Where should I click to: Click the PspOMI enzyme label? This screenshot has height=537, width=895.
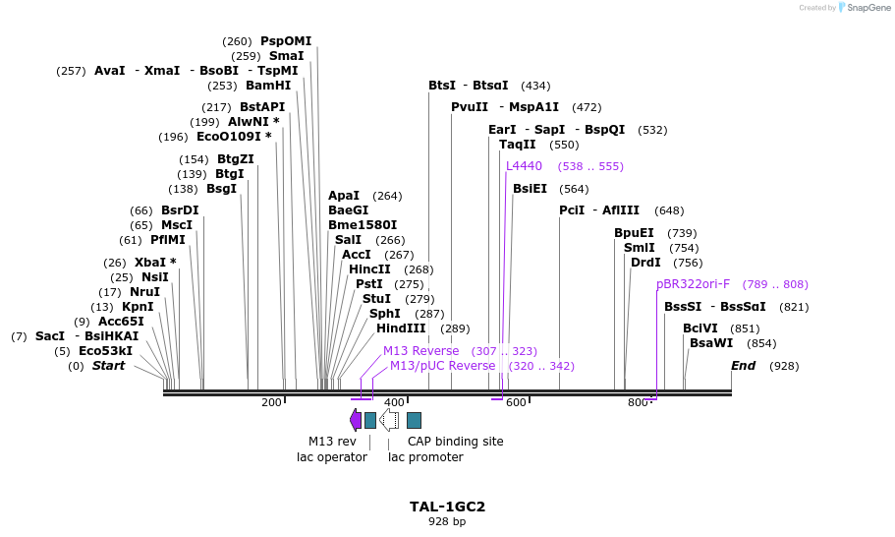[285, 41]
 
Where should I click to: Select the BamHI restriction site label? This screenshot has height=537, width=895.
[268, 86]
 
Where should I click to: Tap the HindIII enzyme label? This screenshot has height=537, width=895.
[401, 328]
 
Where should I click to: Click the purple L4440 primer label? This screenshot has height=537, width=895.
[524, 166]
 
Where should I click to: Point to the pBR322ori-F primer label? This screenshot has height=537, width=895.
[693, 284]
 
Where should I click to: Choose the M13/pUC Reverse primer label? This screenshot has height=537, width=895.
[442, 366]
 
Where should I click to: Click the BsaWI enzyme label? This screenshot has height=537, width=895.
[711, 343]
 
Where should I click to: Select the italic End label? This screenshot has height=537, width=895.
[744, 366]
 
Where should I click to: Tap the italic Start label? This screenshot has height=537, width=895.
[108, 366]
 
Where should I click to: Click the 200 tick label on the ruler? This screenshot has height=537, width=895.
[271, 402]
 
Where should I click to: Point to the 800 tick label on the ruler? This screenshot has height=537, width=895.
[638, 402]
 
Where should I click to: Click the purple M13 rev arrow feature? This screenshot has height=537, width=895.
[356, 420]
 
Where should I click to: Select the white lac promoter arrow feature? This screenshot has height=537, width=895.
[389, 420]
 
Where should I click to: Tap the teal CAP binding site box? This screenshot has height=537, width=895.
[414, 420]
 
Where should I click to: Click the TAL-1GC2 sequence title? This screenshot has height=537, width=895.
[447, 507]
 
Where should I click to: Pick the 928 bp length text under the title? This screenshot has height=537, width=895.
[447, 522]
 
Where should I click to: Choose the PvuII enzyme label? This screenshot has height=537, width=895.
[470, 107]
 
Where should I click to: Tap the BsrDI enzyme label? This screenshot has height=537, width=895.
[180, 210]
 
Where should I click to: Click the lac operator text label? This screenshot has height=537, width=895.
[332, 457]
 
